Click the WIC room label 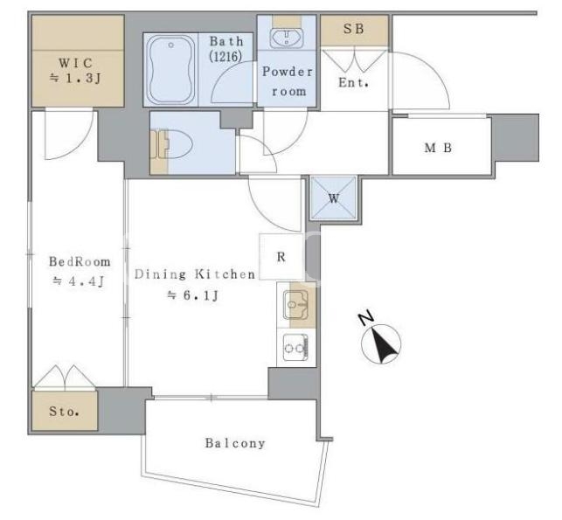coord(76,63)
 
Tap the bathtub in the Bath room coord(171,70)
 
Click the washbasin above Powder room coord(287,38)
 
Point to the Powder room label coord(288,81)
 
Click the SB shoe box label coord(354,29)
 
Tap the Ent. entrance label coord(353,83)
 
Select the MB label coord(438,148)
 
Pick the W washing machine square coord(334,198)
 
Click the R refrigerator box coord(281,257)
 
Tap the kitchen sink coord(295,305)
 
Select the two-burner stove coord(295,348)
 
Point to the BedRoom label coord(80,261)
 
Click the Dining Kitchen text coord(195,274)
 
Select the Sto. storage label coord(64,411)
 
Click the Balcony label coord(235,443)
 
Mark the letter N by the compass coord(366,318)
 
